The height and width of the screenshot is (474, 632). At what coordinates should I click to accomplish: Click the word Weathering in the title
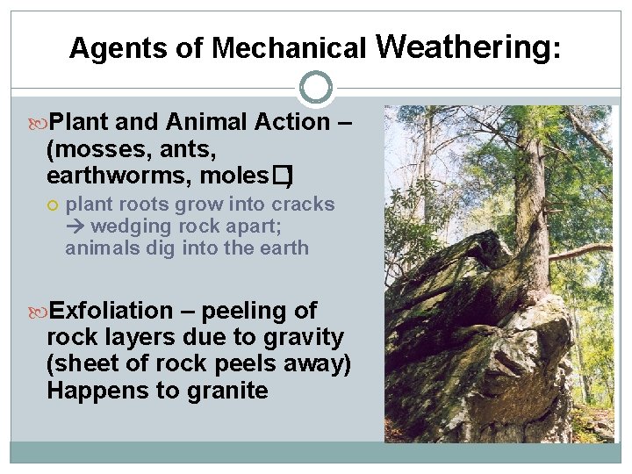pyautogui.click(x=464, y=46)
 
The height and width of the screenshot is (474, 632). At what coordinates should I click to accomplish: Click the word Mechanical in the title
pyautogui.click(x=289, y=48)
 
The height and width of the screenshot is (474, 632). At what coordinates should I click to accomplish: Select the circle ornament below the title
pyautogui.click(x=316, y=88)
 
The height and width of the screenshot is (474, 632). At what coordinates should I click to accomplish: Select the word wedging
pyautogui.click(x=129, y=226)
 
